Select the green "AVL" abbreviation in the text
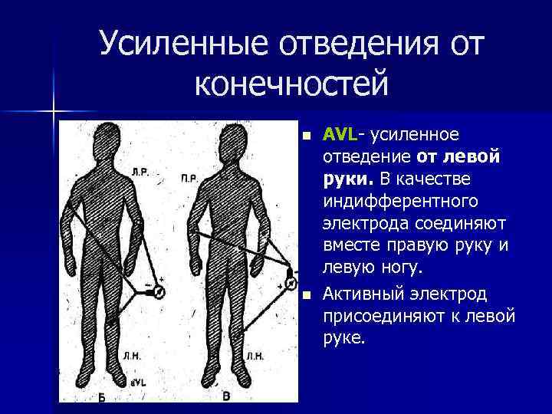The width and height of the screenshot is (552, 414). (x=339, y=135)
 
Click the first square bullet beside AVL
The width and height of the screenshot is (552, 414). (x=306, y=136)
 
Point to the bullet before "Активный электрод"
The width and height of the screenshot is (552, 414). (x=306, y=294)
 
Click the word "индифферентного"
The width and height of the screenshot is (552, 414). (x=401, y=202)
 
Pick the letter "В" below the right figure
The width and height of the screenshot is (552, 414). (x=226, y=396)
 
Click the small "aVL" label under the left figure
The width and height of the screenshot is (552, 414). (x=139, y=381)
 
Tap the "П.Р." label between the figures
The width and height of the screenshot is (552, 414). (x=189, y=179)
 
